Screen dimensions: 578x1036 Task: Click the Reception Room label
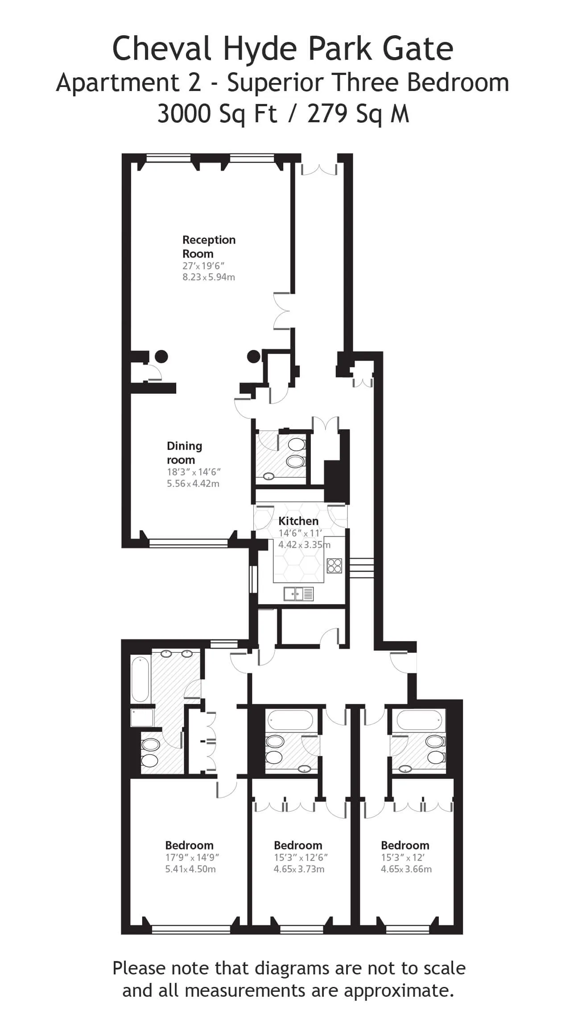click(209, 247)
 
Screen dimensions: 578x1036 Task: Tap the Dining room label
click(184, 453)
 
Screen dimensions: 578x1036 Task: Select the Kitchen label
click(298, 521)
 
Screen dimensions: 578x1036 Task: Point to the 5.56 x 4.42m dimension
click(193, 484)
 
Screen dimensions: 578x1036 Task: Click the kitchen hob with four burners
click(334, 566)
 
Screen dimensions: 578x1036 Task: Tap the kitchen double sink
click(298, 594)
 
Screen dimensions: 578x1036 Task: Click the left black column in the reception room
click(161, 356)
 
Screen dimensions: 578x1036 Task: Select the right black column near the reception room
click(254, 356)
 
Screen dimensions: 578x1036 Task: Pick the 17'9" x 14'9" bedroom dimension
click(192, 858)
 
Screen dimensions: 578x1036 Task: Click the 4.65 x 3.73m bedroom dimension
click(299, 869)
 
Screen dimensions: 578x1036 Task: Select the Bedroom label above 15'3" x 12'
click(405, 845)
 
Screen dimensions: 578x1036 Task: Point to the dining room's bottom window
click(188, 543)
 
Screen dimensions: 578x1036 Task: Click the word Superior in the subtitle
click(277, 83)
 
